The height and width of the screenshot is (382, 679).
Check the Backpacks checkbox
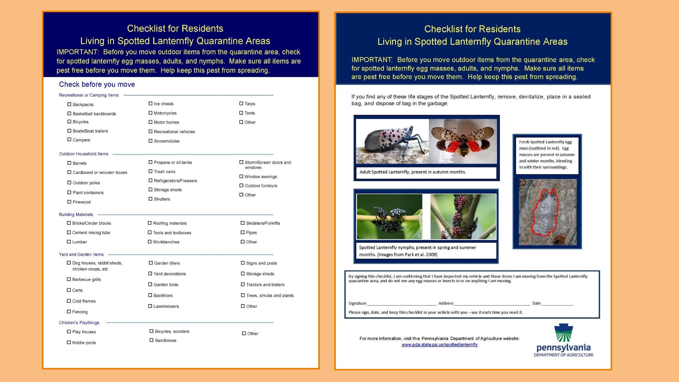click(69, 104)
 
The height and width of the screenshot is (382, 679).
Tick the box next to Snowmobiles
click(150, 141)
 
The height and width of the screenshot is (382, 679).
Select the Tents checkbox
click(241, 113)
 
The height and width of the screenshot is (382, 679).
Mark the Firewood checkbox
click(69, 202)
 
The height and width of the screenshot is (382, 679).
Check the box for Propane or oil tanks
click(150, 162)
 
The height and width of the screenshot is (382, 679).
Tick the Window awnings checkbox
click(241, 176)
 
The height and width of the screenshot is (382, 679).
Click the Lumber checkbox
click(69, 242)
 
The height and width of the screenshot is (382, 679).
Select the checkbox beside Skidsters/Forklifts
click(242, 223)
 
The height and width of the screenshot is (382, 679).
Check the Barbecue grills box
click(69, 279)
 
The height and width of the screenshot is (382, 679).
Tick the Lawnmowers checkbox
click(150, 306)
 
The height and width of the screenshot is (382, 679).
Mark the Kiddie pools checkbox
click(69, 342)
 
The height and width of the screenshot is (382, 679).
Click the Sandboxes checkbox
click(151, 340)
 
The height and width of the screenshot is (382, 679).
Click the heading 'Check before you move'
click(97, 84)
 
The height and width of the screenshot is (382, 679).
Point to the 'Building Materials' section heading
click(76, 214)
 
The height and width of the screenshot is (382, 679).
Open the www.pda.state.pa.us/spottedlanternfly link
click(439, 345)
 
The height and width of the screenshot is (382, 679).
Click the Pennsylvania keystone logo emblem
click(563, 333)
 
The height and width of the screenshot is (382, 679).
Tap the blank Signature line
click(402, 303)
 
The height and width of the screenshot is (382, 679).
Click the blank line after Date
click(557, 303)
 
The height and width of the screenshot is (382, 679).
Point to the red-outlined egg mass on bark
click(546, 213)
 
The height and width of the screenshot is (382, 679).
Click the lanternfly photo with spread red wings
click(463, 141)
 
